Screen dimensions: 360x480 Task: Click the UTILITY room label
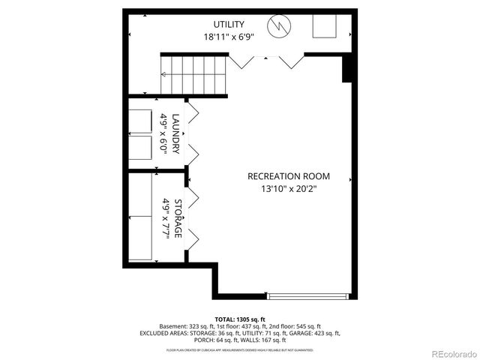pos(228,23)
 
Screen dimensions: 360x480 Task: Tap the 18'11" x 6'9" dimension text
pos(228,36)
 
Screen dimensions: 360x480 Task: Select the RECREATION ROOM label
pos(289,177)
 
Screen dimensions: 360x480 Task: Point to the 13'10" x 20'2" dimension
pos(289,190)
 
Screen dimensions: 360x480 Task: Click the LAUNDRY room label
pos(175,134)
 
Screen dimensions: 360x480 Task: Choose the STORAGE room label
pos(178,218)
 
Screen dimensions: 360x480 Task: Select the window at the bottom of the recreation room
pos(307,295)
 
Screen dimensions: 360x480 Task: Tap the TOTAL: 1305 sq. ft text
pos(240,319)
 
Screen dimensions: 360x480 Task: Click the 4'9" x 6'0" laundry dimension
pos(163,134)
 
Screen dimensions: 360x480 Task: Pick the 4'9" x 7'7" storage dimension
pos(165,218)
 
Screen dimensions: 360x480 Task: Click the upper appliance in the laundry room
pos(140,121)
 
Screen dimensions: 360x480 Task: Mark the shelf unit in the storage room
pos(140,218)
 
